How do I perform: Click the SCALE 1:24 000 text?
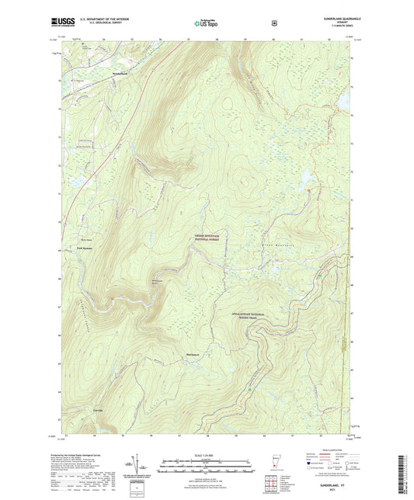pos(206,454)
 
